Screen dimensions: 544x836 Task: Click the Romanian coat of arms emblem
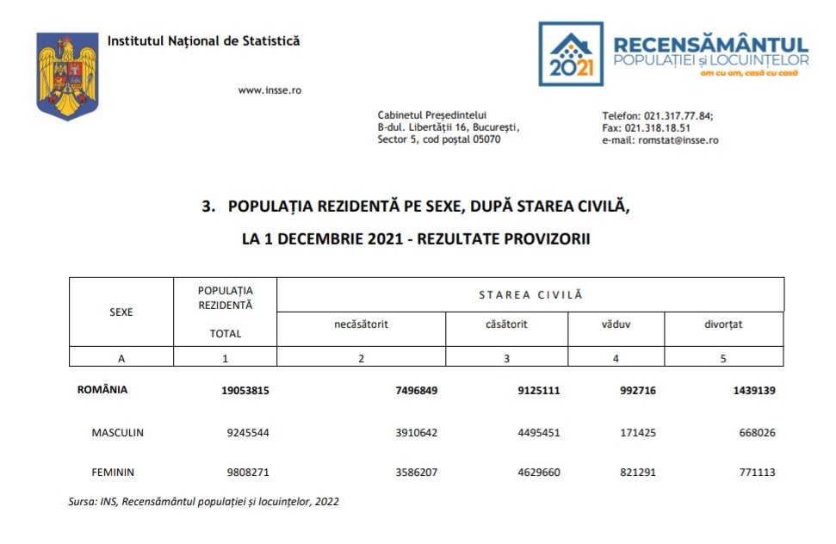(x=66, y=75)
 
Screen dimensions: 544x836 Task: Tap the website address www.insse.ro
(x=269, y=90)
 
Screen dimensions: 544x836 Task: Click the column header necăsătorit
(x=361, y=325)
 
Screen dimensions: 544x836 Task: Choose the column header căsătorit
(x=506, y=325)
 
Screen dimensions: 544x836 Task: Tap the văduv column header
(x=614, y=325)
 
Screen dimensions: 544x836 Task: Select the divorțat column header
(x=721, y=325)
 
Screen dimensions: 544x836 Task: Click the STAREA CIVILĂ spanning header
(x=530, y=294)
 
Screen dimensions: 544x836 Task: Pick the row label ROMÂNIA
(x=102, y=390)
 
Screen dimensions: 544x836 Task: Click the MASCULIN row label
(x=117, y=432)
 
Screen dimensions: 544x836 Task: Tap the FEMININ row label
(x=113, y=472)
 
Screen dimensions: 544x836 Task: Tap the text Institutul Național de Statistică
(x=204, y=40)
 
